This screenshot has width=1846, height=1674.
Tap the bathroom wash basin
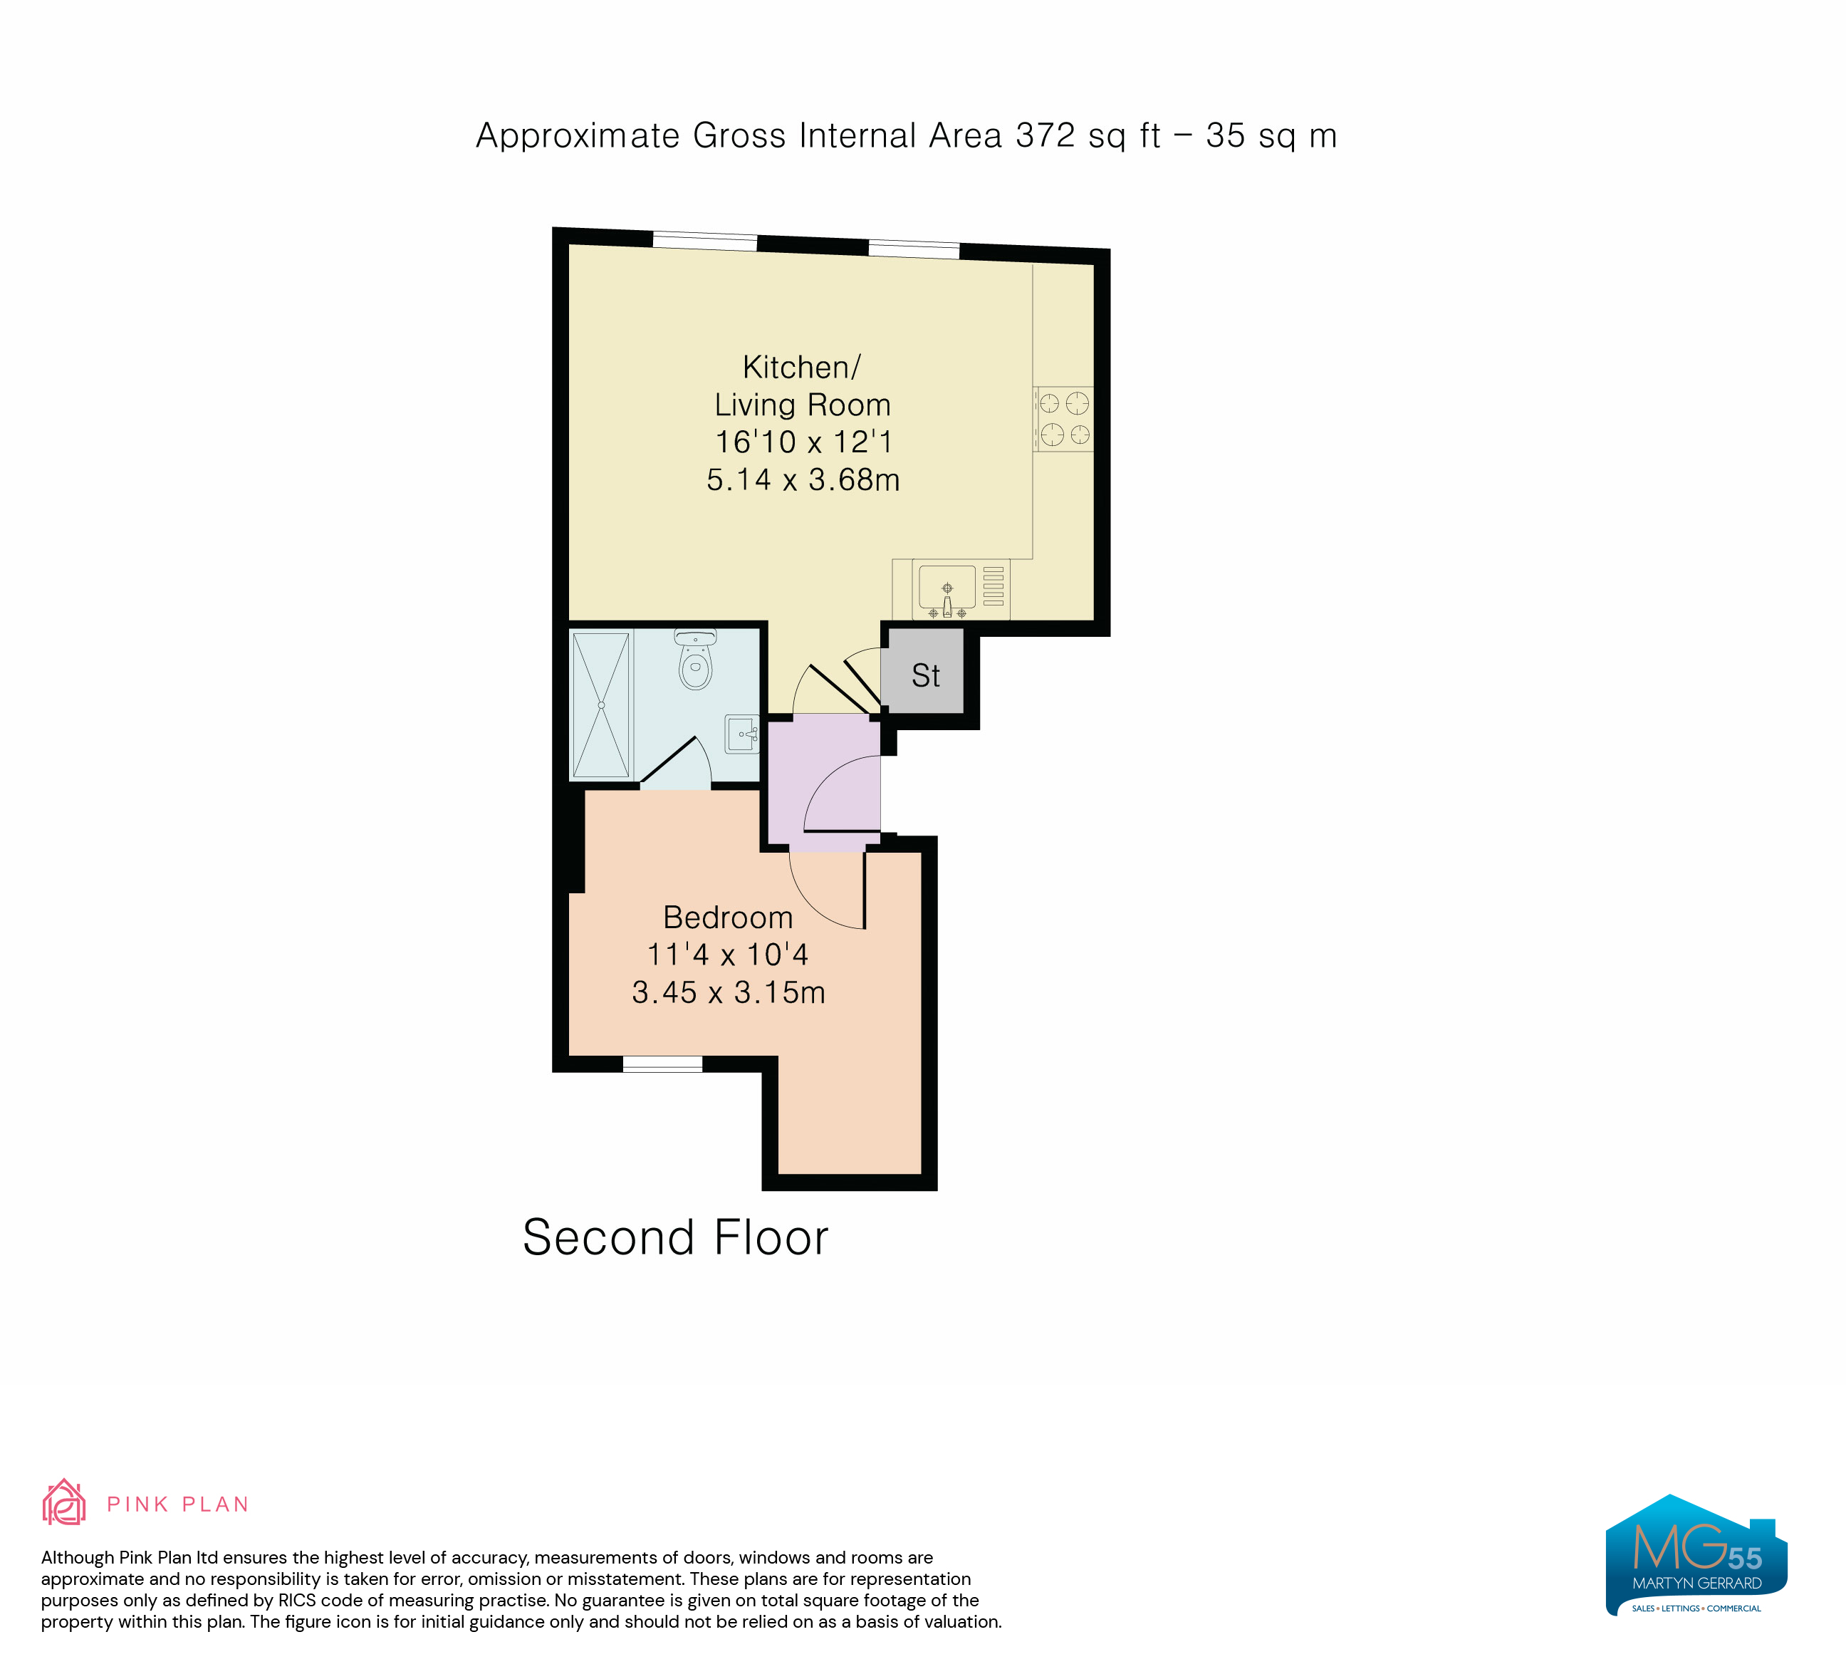pyautogui.click(x=741, y=734)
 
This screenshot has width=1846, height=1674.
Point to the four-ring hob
pyautogui.click(x=1064, y=419)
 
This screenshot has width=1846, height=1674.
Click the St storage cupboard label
pyautogui.click(x=925, y=676)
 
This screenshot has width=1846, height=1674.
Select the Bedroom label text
pyautogui.click(x=728, y=917)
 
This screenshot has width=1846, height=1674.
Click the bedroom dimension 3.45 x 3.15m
pyautogui.click(x=729, y=992)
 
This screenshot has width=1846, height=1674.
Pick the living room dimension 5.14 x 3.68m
pyautogui.click(x=803, y=479)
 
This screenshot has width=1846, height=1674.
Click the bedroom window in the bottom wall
pyautogui.click(x=662, y=1064)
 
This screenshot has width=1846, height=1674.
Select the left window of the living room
pyautogui.click(x=705, y=241)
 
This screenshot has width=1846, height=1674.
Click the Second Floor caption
pyautogui.click(x=676, y=1237)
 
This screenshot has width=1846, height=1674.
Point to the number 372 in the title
pyautogui.click(x=1045, y=135)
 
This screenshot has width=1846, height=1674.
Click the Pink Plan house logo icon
pyautogui.click(x=64, y=1502)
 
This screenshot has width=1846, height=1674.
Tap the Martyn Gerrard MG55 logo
pyautogui.click(x=1696, y=1555)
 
